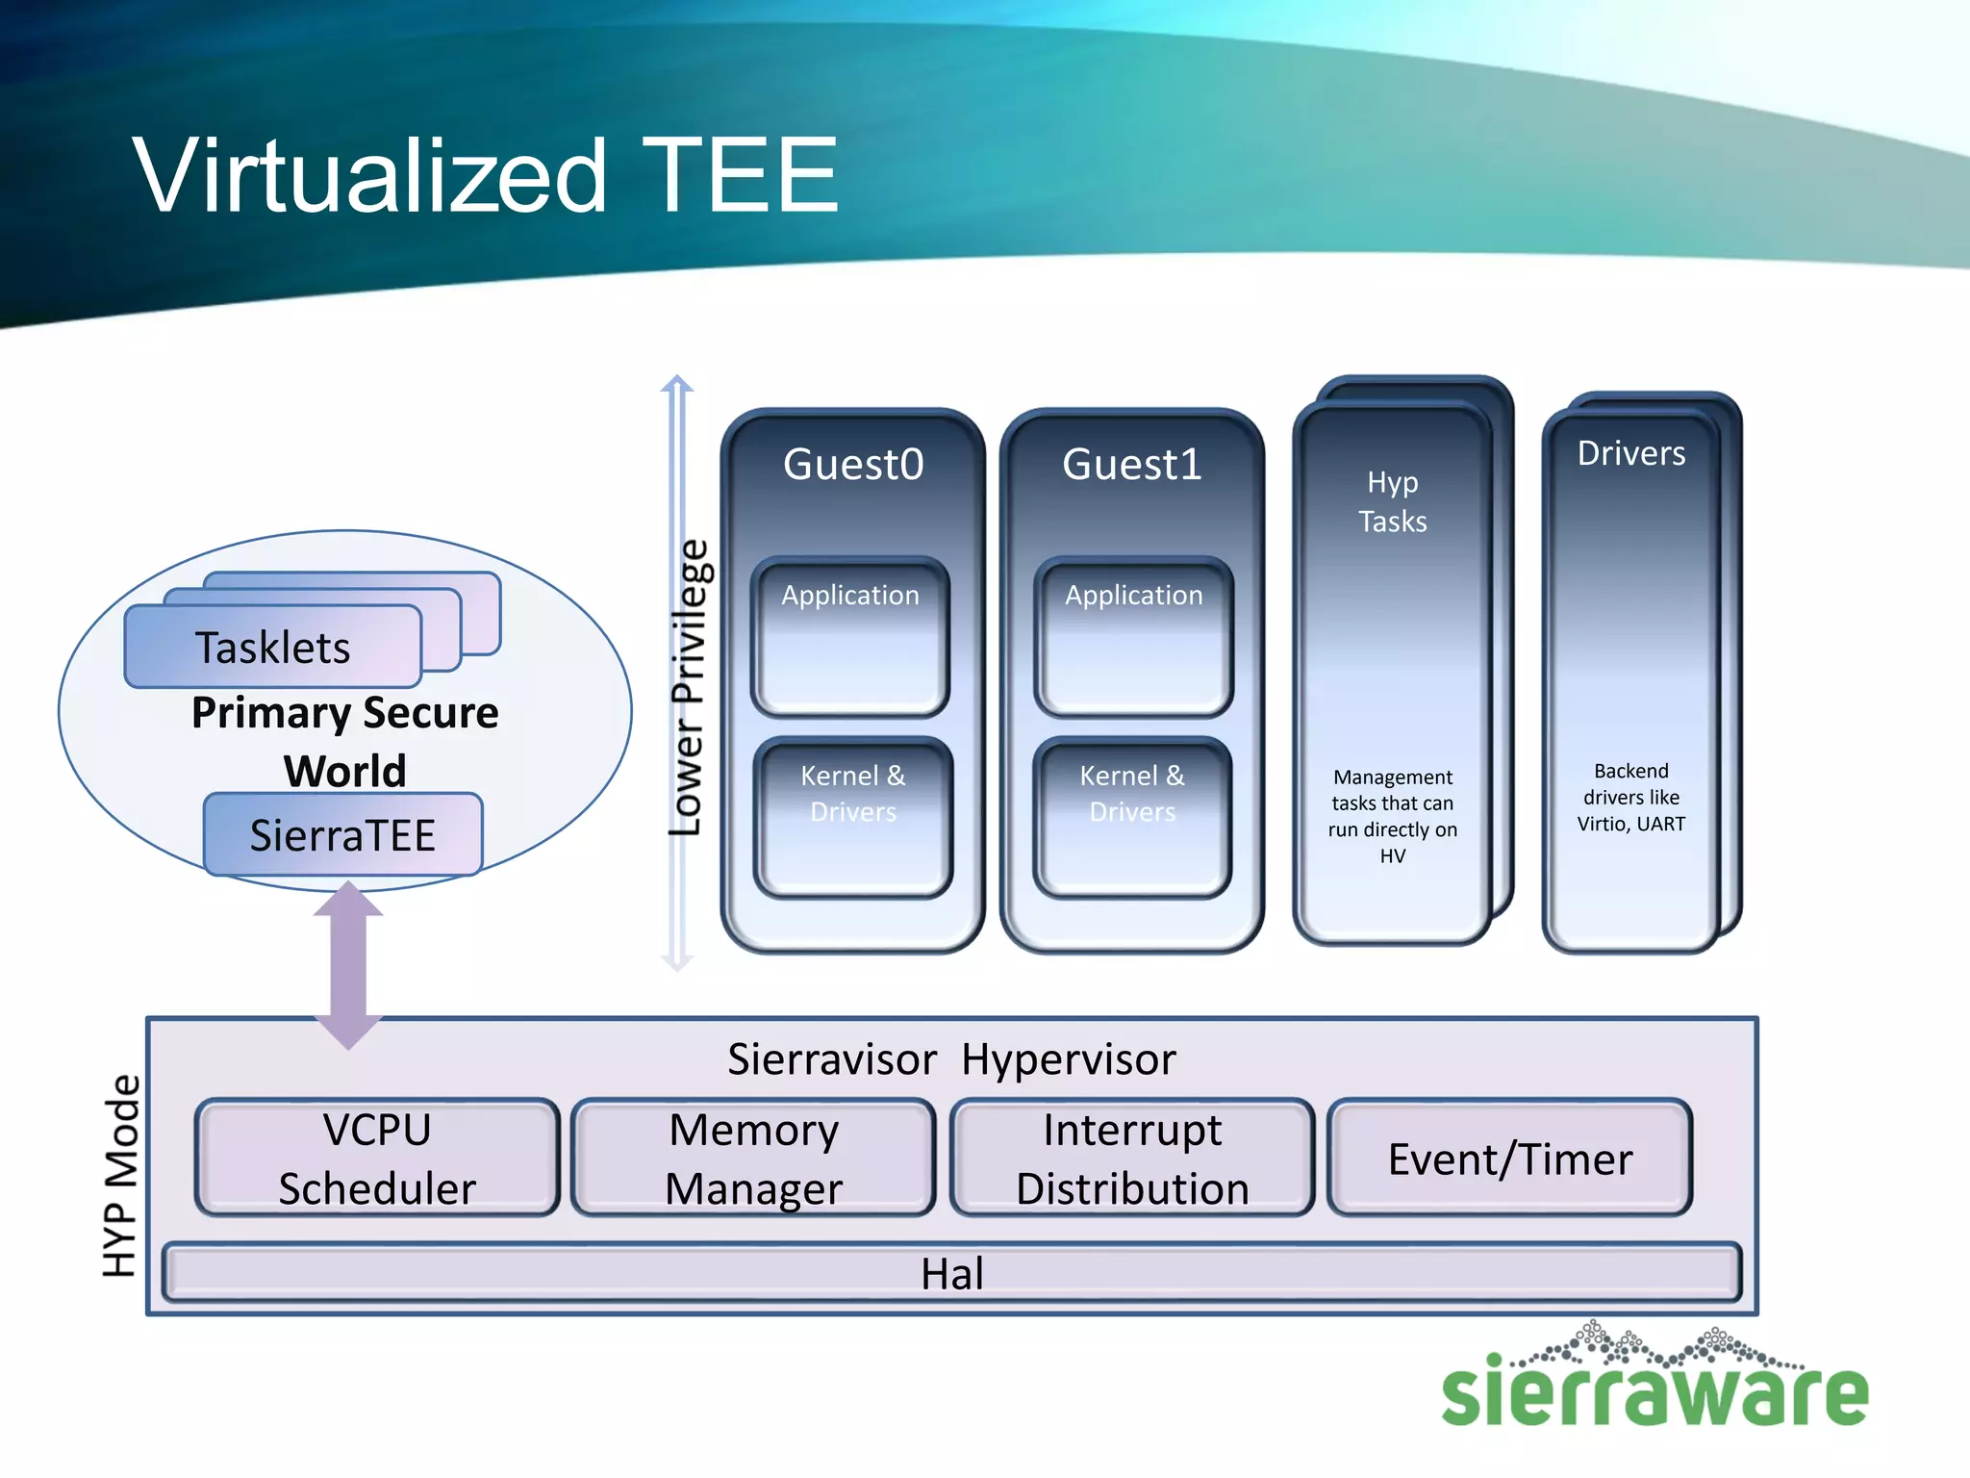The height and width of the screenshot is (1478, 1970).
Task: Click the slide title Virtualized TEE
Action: [486, 175]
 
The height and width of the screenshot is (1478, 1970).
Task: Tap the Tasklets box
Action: [273, 647]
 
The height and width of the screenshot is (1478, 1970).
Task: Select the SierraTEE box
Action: [342, 834]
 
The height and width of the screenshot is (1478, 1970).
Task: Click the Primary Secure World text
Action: [344, 741]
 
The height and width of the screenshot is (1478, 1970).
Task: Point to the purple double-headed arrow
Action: [348, 965]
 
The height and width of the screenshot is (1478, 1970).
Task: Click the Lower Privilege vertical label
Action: [689, 688]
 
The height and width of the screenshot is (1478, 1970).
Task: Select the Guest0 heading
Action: [853, 464]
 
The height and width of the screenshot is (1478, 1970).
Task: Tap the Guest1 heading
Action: [1132, 464]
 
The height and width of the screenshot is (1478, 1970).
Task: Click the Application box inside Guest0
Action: [850, 636]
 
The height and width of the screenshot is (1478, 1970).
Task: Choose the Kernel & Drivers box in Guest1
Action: [1132, 817]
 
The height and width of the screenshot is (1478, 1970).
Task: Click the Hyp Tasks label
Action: [1392, 501]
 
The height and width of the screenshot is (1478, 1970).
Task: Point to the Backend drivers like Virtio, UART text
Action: [1630, 797]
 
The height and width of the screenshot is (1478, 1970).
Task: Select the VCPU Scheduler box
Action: [377, 1158]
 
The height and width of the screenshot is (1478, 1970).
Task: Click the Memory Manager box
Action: [754, 1158]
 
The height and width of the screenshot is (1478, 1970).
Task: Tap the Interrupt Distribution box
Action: [1132, 1158]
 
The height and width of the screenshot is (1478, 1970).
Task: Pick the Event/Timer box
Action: [1509, 1158]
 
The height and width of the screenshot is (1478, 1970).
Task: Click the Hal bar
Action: [951, 1273]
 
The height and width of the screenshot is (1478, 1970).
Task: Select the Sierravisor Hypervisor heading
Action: [951, 1059]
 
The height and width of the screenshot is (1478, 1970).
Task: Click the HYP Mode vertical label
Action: [121, 1176]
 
